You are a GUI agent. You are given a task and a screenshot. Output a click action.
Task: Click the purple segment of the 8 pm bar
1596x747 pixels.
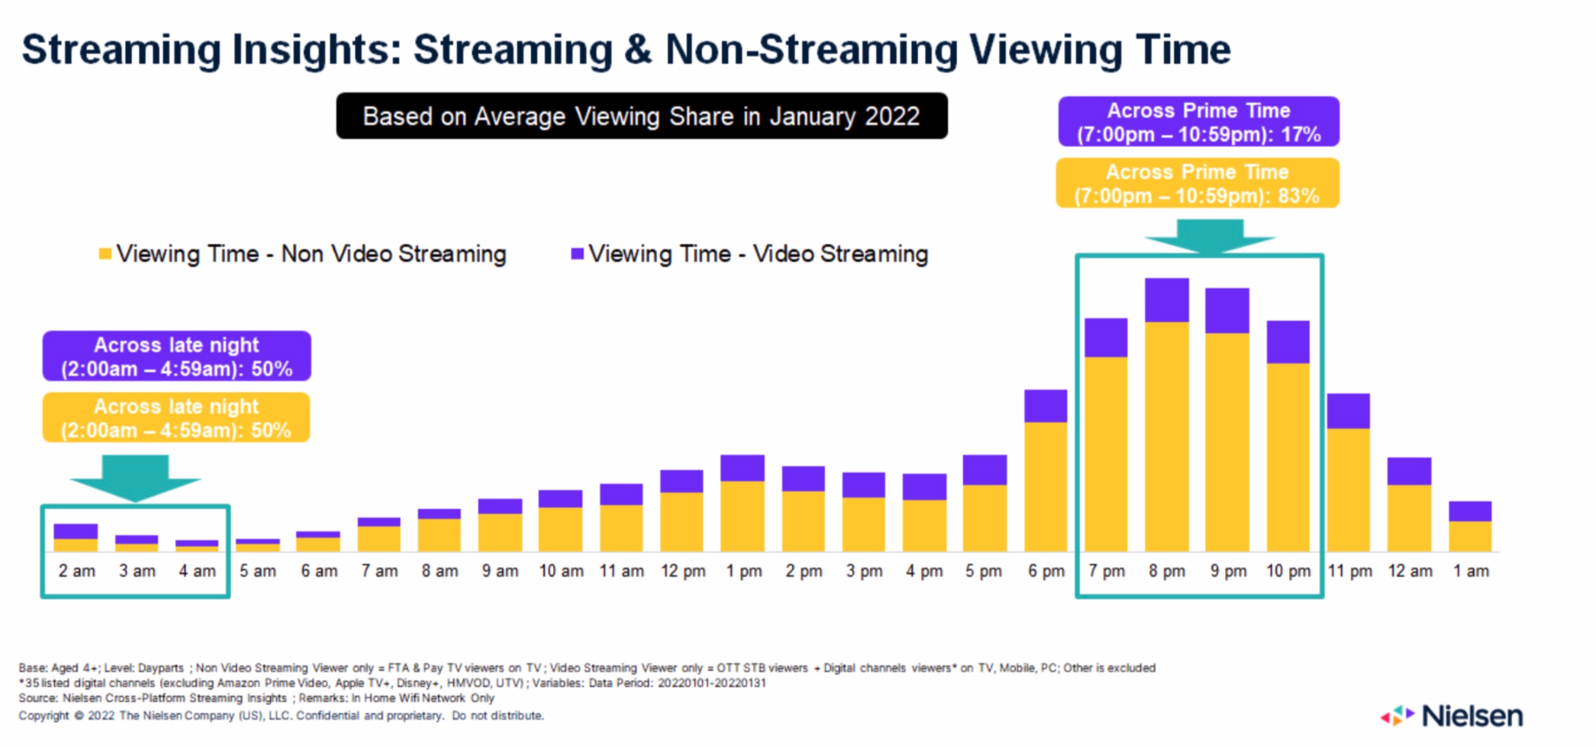(x=1167, y=300)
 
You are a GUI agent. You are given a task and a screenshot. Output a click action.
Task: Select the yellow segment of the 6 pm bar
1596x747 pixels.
(x=1045, y=487)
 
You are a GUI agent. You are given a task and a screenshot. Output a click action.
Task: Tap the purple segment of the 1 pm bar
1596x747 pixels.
(x=743, y=468)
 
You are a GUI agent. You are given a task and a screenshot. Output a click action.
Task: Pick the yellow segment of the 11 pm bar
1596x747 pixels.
(x=1348, y=489)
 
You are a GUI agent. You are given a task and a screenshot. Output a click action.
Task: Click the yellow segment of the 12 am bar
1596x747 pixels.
(x=1409, y=518)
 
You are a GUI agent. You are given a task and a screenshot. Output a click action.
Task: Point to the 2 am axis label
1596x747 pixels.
(x=77, y=572)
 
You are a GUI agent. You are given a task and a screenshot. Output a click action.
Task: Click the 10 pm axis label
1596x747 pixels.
(x=1288, y=572)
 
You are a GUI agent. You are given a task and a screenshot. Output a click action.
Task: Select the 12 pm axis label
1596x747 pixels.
(x=682, y=572)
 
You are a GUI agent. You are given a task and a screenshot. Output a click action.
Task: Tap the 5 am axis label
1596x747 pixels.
(x=258, y=572)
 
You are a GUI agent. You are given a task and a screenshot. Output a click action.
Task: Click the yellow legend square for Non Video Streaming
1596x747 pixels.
(x=105, y=254)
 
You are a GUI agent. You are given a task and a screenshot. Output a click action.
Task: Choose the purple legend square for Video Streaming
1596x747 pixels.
(x=577, y=254)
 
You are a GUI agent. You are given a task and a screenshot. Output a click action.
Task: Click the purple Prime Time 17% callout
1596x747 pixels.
(x=1199, y=122)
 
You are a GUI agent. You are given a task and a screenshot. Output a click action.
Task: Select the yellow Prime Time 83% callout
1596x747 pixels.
(x=1198, y=183)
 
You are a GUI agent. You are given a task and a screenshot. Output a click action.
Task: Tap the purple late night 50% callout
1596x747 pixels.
(x=177, y=356)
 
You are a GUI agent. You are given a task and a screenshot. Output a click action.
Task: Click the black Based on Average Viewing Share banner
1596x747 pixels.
(x=642, y=116)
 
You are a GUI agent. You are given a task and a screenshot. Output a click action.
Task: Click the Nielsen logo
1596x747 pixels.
(x=1453, y=716)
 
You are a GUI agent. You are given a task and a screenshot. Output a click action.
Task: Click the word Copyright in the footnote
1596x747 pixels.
(x=43, y=716)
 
